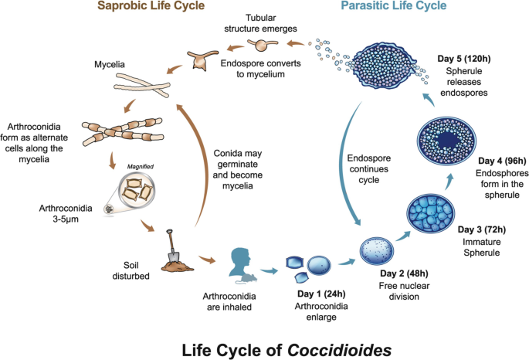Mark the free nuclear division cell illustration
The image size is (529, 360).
click(x=377, y=250)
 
